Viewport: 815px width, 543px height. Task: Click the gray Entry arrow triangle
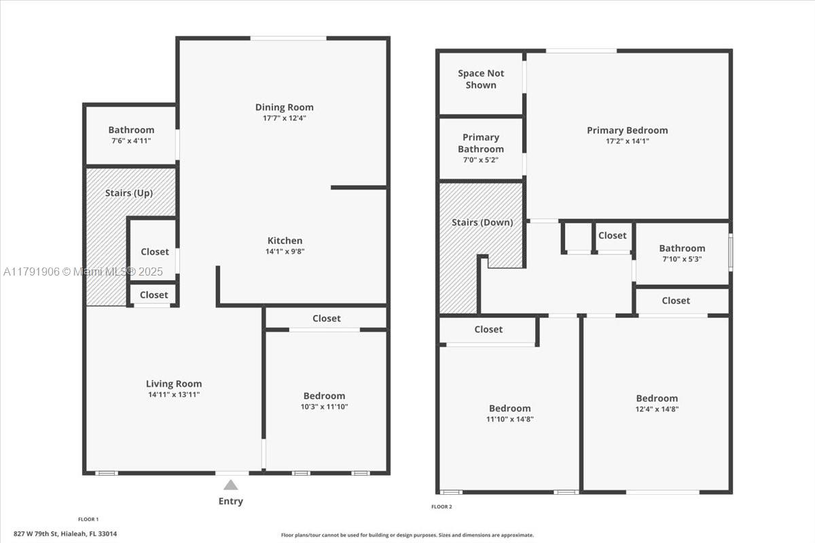click(x=231, y=485)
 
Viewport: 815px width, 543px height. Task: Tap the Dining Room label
click(x=284, y=107)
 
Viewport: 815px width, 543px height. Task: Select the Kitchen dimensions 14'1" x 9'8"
click(x=285, y=251)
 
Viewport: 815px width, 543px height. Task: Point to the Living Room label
click(x=174, y=383)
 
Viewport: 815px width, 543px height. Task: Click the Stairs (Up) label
click(x=129, y=193)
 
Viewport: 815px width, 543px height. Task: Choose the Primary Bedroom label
click(x=628, y=130)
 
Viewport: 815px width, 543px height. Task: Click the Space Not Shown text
click(x=481, y=79)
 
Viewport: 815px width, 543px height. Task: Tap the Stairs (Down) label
click(x=482, y=222)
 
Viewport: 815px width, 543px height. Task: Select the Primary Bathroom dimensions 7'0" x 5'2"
click(x=481, y=160)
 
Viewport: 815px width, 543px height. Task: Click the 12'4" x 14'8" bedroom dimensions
click(x=657, y=409)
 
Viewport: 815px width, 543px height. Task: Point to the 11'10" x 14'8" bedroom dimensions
click(x=510, y=419)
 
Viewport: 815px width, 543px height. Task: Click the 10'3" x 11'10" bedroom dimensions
click(x=324, y=407)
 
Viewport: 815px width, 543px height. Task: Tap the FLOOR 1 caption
click(x=88, y=519)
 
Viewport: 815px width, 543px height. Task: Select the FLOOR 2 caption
click(x=441, y=506)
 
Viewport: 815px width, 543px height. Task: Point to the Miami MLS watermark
click(x=83, y=271)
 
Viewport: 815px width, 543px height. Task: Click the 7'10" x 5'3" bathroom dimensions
click(x=682, y=259)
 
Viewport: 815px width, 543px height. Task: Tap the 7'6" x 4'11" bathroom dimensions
click(x=131, y=141)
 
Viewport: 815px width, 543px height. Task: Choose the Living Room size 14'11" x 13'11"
click(x=174, y=394)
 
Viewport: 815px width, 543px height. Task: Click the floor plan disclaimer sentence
click(x=407, y=535)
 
